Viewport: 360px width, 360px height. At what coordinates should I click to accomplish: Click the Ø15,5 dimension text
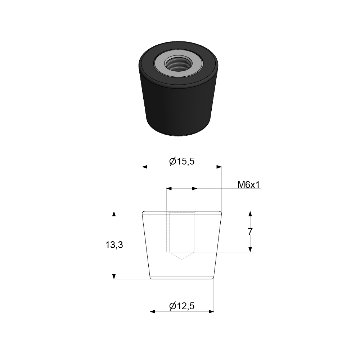(x=182, y=162)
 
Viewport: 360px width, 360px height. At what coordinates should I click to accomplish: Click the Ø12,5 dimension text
(x=182, y=306)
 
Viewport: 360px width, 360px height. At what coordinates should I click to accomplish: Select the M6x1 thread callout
(x=249, y=185)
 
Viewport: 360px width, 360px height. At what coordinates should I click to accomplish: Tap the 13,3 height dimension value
(x=114, y=245)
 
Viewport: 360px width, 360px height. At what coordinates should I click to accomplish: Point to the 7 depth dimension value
(x=250, y=232)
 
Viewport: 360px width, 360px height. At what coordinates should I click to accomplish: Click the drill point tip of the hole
(x=182, y=259)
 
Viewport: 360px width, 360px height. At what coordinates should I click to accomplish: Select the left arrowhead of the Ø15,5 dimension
(x=145, y=167)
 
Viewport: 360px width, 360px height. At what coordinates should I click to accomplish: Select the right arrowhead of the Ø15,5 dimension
(x=219, y=167)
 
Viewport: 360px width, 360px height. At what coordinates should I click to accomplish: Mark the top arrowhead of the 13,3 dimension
(x=114, y=214)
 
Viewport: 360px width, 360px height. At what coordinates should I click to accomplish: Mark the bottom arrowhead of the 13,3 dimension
(x=114, y=276)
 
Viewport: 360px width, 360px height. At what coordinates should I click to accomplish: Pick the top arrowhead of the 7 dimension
(x=250, y=214)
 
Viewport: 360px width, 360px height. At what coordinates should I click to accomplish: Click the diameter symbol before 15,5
(x=172, y=162)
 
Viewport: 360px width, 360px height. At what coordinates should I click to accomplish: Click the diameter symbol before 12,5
(x=172, y=306)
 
